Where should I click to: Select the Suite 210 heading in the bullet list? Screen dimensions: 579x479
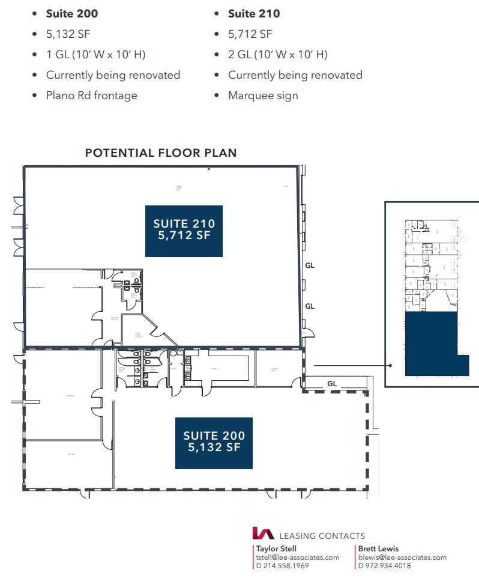253,13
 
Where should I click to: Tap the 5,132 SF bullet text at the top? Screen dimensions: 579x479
69,34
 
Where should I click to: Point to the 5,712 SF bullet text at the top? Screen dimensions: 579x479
250,34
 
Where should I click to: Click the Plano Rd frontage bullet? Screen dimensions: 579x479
91,95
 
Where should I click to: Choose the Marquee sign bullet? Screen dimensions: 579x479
263,95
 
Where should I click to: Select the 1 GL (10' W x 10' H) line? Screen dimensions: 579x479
95,55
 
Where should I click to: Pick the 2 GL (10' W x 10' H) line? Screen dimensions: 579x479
277,55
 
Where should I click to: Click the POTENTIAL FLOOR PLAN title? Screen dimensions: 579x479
161,153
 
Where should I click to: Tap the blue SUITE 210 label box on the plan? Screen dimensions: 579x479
184,230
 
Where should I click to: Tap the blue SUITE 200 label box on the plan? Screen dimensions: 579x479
214,443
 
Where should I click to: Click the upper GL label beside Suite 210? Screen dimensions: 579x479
310,265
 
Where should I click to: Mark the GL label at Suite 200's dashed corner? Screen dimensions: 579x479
332,383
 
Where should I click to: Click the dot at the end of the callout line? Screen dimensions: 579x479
390,365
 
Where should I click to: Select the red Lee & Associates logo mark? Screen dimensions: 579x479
263,533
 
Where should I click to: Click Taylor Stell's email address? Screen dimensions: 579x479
298,557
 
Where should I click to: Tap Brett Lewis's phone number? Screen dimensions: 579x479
384,566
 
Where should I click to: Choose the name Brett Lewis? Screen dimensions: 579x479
378,548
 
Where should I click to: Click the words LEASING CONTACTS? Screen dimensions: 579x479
322,536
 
